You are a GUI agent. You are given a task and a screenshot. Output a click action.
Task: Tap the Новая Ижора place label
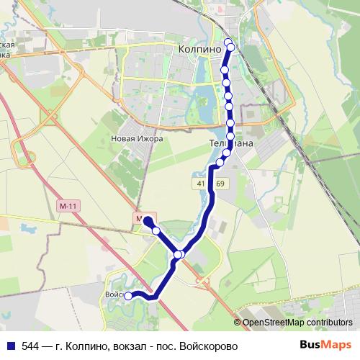tap(138, 138)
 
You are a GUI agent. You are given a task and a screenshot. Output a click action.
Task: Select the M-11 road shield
tap(68, 207)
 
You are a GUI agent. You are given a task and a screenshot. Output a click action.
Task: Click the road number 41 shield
tap(198, 185)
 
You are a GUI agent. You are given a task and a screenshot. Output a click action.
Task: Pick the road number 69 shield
tap(219, 185)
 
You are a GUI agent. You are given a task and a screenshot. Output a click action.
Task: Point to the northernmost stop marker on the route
tap(229, 41)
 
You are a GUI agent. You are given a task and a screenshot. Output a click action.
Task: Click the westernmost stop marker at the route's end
tap(128, 295)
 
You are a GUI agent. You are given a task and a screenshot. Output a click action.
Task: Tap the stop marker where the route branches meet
tap(179, 254)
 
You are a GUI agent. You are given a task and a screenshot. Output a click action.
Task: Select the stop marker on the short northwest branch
tap(156, 230)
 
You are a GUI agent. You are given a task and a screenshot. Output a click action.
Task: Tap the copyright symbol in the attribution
tap(238, 323)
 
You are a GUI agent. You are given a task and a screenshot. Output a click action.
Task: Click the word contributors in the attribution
tap(329, 323)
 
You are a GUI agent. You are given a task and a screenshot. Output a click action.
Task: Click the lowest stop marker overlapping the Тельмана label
tap(226, 153)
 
